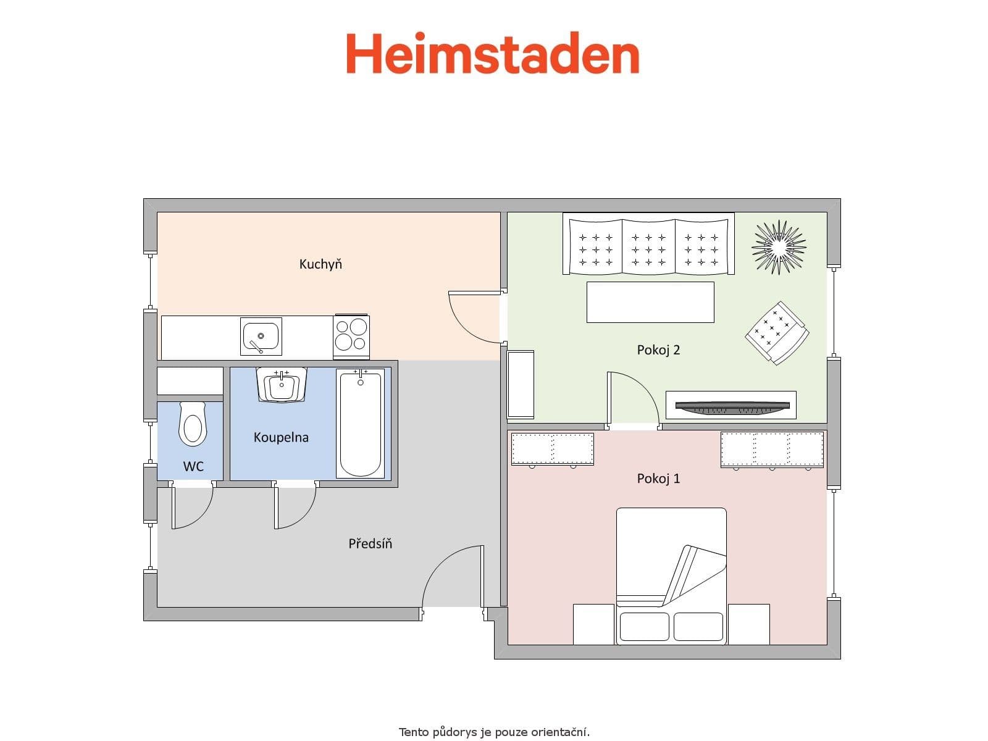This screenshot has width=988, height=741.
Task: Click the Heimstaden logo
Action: [x=492, y=54]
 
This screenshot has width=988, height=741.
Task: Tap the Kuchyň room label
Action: [x=320, y=264]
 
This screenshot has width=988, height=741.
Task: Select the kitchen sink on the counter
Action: [x=261, y=337]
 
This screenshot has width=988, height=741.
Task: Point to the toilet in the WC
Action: [x=192, y=424]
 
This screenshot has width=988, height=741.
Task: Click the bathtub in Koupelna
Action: [x=360, y=424]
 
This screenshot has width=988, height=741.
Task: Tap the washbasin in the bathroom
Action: [x=282, y=385]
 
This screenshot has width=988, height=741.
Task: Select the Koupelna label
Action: [x=281, y=437]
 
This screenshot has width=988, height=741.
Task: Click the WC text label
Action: [x=193, y=467]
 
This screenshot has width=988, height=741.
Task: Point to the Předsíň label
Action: [x=370, y=544]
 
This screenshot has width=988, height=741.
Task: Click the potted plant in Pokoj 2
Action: [x=779, y=246]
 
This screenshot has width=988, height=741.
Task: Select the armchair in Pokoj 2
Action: [x=777, y=333]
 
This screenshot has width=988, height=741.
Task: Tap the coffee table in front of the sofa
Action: [x=650, y=302]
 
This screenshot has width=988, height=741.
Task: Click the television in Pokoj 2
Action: [x=732, y=406]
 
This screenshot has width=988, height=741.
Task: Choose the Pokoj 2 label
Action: [x=658, y=350]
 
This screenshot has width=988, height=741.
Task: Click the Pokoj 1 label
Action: [x=658, y=479]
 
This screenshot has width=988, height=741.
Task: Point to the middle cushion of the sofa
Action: [x=648, y=245]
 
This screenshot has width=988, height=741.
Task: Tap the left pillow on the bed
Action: [x=644, y=626]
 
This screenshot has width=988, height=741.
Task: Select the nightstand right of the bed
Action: [x=748, y=624]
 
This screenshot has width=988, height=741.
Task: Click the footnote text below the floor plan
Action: [x=494, y=732]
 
